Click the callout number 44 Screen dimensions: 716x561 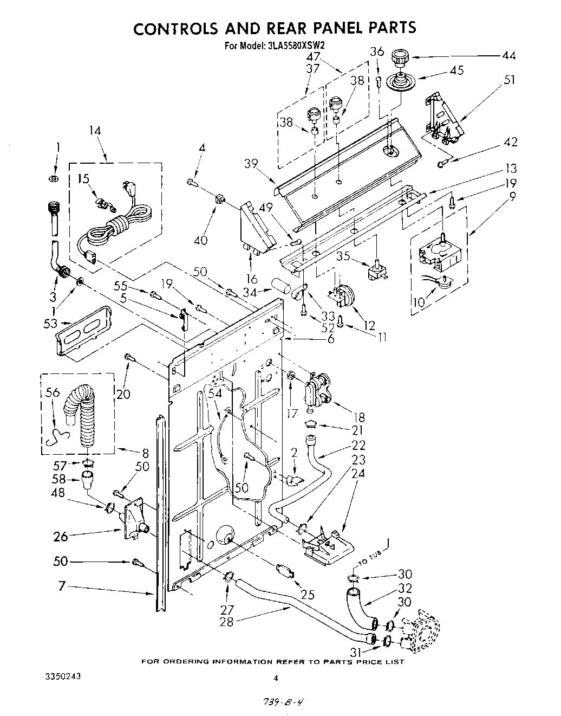pyautogui.click(x=508, y=55)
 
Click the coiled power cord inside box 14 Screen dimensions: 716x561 pyautogui.click(x=119, y=224)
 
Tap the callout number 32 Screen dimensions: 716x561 pyautogui.click(x=420, y=588)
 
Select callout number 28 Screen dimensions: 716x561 pyautogui.click(x=226, y=622)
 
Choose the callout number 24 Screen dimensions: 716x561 pyautogui.click(x=358, y=473)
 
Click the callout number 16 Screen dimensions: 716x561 pyautogui.click(x=251, y=280)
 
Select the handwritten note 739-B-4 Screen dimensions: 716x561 pyautogui.click(x=281, y=700)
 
